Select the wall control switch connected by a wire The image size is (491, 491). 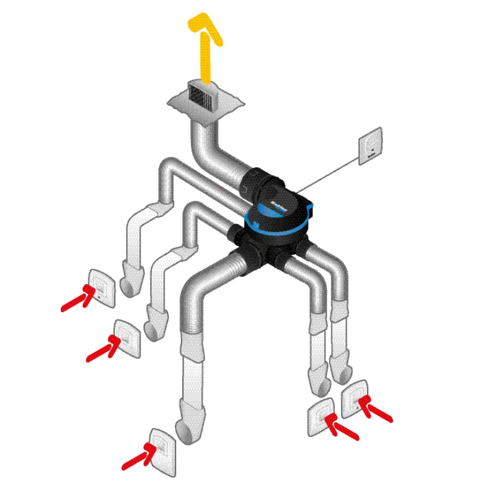[371, 144]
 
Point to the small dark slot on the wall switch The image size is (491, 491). [371, 155]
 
